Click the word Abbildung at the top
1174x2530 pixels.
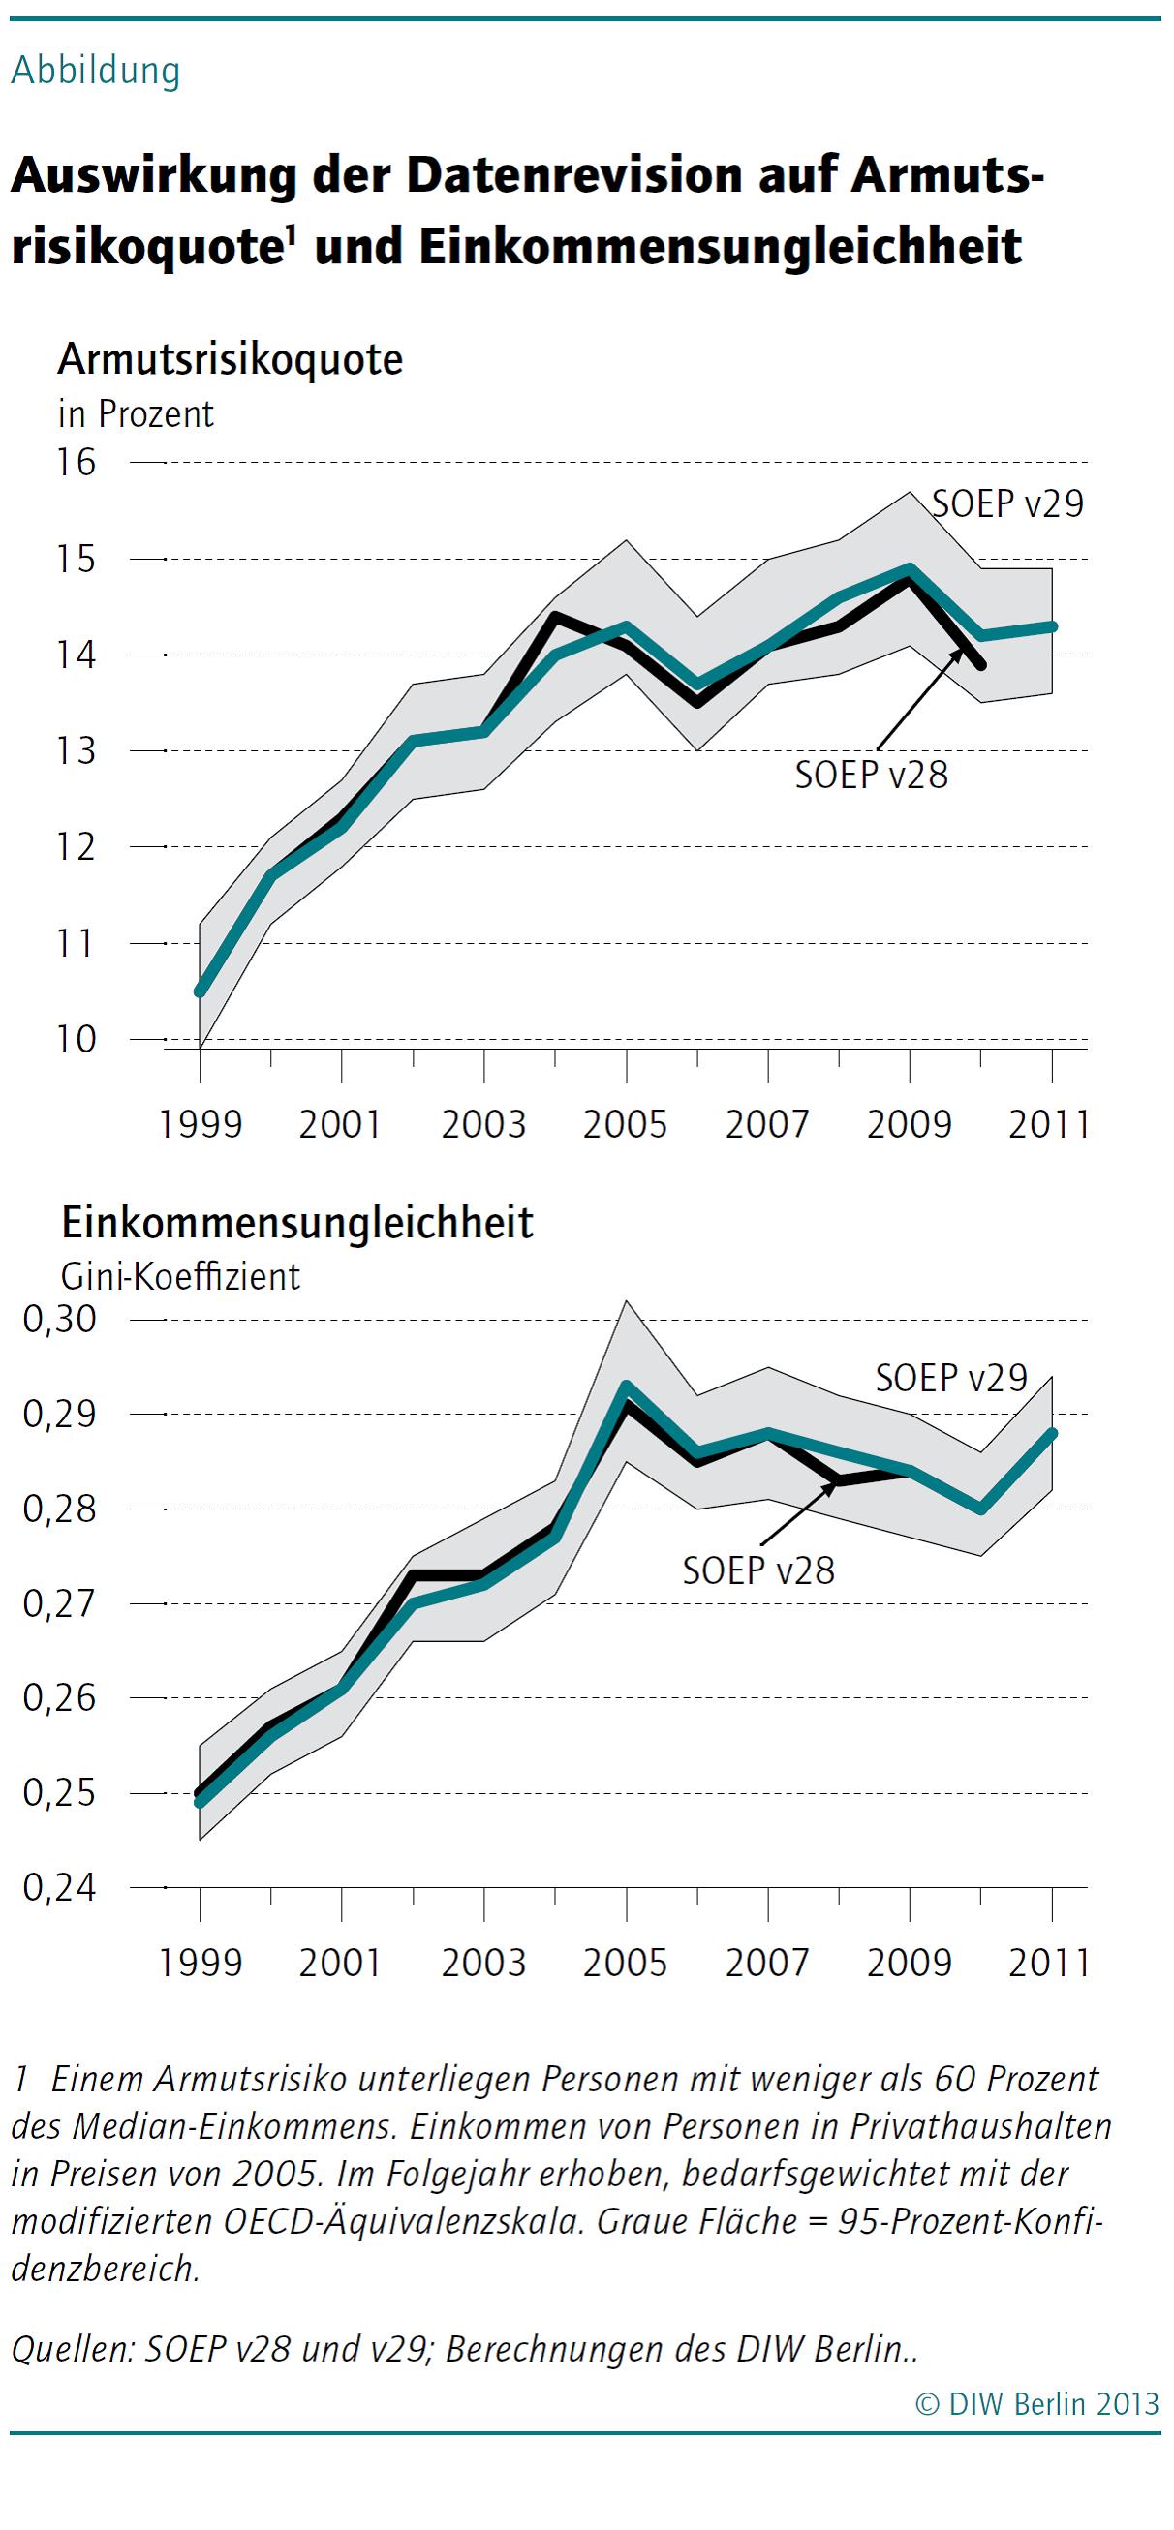tap(95, 71)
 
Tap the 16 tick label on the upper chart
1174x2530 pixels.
tap(75, 463)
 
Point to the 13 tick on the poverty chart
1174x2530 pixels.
tap(75, 751)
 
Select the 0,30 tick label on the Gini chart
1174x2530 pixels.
tap(60, 1319)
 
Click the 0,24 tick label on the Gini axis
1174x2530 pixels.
tap(60, 1887)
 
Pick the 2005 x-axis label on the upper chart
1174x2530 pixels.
tap(625, 1124)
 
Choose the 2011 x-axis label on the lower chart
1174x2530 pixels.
tap(1050, 1963)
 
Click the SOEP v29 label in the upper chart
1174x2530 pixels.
tap(1008, 503)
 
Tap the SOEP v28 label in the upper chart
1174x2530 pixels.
tap(872, 775)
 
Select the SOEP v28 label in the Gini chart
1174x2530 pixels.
tap(758, 1570)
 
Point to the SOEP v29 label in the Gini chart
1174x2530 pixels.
tap(951, 1378)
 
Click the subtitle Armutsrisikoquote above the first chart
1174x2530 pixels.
tap(230, 359)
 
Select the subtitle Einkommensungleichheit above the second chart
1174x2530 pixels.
tap(296, 1223)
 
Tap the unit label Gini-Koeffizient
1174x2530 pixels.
tap(181, 1277)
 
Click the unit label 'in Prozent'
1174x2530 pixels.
tap(136, 414)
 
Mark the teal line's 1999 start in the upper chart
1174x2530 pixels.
tap(201, 991)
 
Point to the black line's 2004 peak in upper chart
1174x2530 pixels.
tap(556, 616)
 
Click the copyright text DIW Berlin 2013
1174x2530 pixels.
tap(1037, 2403)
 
